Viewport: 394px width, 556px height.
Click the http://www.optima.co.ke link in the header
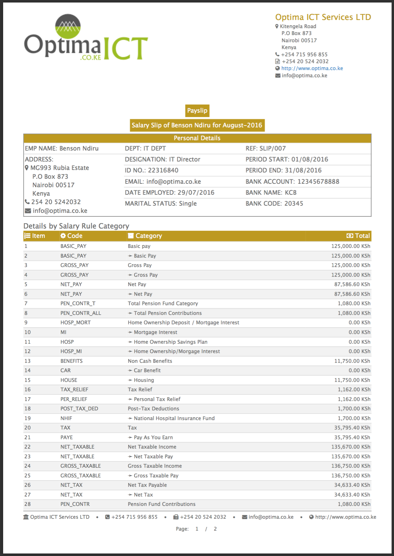pyautogui.click(x=312, y=68)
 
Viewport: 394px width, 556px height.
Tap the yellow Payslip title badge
pyautogui.click(x=197, y=111)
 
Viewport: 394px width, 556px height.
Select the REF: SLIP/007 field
pyautogui.click(x=265, y=148)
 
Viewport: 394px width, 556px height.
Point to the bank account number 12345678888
pyautogui.click(x=318, y=182)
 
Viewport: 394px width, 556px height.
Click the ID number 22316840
pyautogui.click(x=163, y=170)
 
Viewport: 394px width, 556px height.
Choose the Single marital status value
pyautogui.click(x=188, y=203)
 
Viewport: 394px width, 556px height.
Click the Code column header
pyautogui.click(x=74, y=236)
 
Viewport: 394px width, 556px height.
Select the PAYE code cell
pyautogui.click(x=67, y=437)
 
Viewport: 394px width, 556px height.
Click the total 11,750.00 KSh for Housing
pyautogui.click(x=352, y=380)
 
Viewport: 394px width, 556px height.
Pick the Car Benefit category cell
pyautogui.click(x=147, y=370)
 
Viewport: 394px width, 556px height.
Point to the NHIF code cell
pyautogui.click(x=66, y=418)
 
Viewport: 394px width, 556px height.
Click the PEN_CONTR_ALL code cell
pyautogui.click(x=81, y=313)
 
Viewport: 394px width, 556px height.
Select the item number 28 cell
pyautogui.click(x=28, y=504)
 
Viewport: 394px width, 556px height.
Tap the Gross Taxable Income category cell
pyautogui.click(x=154, y=466)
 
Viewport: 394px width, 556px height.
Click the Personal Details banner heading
pyautogui.click(x=197, y=138)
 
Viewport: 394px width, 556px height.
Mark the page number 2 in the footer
pyautogui.click(x=215, y=529)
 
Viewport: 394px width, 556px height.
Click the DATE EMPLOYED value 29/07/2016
pyautogui.click(x=196, y=193)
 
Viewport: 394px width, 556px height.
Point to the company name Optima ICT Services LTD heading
pyautogui.click(x=323, y=17)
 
